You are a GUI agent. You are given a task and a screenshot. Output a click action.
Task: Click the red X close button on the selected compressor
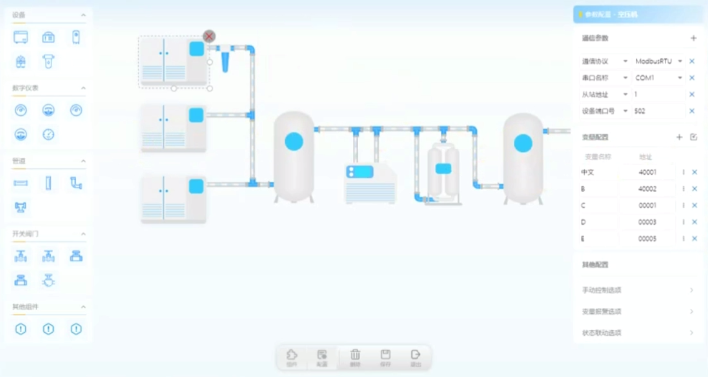209,36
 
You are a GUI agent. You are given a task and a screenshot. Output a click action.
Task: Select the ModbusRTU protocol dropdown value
654,61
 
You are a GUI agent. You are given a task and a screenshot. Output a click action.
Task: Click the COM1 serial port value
654,78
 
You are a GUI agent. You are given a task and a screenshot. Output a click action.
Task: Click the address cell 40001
647,172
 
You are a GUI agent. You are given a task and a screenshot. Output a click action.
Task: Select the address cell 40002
647,189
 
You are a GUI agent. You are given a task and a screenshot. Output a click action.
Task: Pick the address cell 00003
647,222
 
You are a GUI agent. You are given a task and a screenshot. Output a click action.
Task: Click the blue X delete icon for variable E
695,239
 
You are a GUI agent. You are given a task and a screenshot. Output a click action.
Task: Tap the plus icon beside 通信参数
694,38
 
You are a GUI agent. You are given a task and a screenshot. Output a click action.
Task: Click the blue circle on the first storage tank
294,141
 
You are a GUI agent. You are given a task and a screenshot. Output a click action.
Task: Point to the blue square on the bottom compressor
196,186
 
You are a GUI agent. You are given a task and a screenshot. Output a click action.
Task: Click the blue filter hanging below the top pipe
225,59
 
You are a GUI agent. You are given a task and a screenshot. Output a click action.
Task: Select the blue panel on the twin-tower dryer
443,168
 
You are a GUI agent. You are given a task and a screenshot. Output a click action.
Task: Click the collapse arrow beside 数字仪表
83,88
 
